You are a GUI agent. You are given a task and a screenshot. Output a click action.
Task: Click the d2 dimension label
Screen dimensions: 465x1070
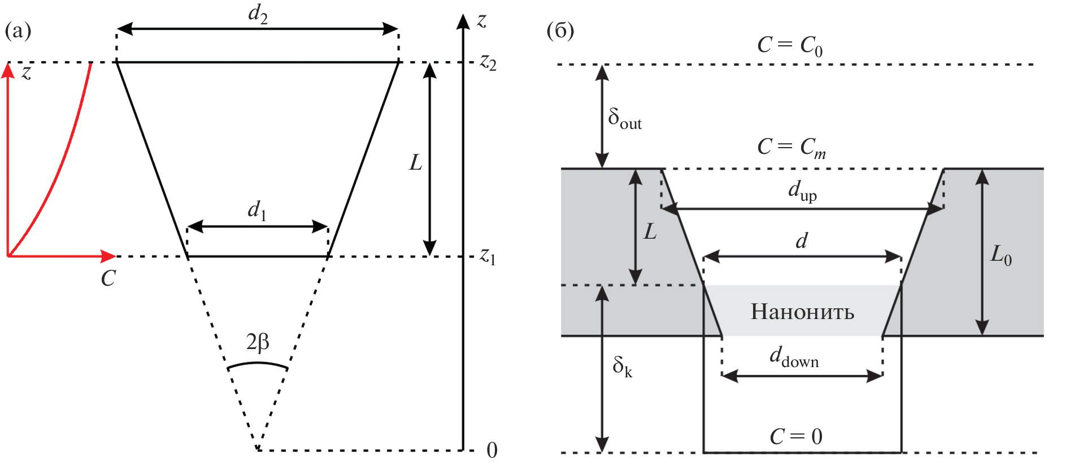coord(258,14)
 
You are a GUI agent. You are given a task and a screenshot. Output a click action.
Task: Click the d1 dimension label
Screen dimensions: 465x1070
coord(257,211)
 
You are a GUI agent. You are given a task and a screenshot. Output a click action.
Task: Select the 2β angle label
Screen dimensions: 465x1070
coord(258,343)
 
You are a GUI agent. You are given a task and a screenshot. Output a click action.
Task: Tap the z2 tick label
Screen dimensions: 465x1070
coord(488,62)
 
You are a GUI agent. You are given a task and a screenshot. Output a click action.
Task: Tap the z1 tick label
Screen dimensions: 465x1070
coord(488,257)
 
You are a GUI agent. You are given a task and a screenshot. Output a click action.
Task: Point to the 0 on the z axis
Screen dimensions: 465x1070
coord(492,450)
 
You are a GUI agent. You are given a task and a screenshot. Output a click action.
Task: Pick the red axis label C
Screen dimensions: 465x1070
coord(108,278)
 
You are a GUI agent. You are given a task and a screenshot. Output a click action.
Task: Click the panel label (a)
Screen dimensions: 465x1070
coord(18,31)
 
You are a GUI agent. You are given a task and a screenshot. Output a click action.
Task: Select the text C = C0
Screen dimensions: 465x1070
coord(789,45)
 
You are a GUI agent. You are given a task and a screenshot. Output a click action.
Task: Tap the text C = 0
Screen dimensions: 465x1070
coord(795,437)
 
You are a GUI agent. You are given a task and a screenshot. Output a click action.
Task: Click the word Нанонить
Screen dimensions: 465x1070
coord(802,312)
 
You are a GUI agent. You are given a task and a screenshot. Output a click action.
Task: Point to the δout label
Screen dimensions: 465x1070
coord(624,119)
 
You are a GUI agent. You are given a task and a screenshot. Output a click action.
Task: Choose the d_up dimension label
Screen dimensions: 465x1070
coord(802,192)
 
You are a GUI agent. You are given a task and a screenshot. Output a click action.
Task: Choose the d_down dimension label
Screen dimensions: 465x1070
coord(794,358)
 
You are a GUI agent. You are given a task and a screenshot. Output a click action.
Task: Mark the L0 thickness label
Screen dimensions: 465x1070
coord(1001,256)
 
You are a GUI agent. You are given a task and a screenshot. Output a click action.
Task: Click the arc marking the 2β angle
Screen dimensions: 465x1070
coord(258,363)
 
